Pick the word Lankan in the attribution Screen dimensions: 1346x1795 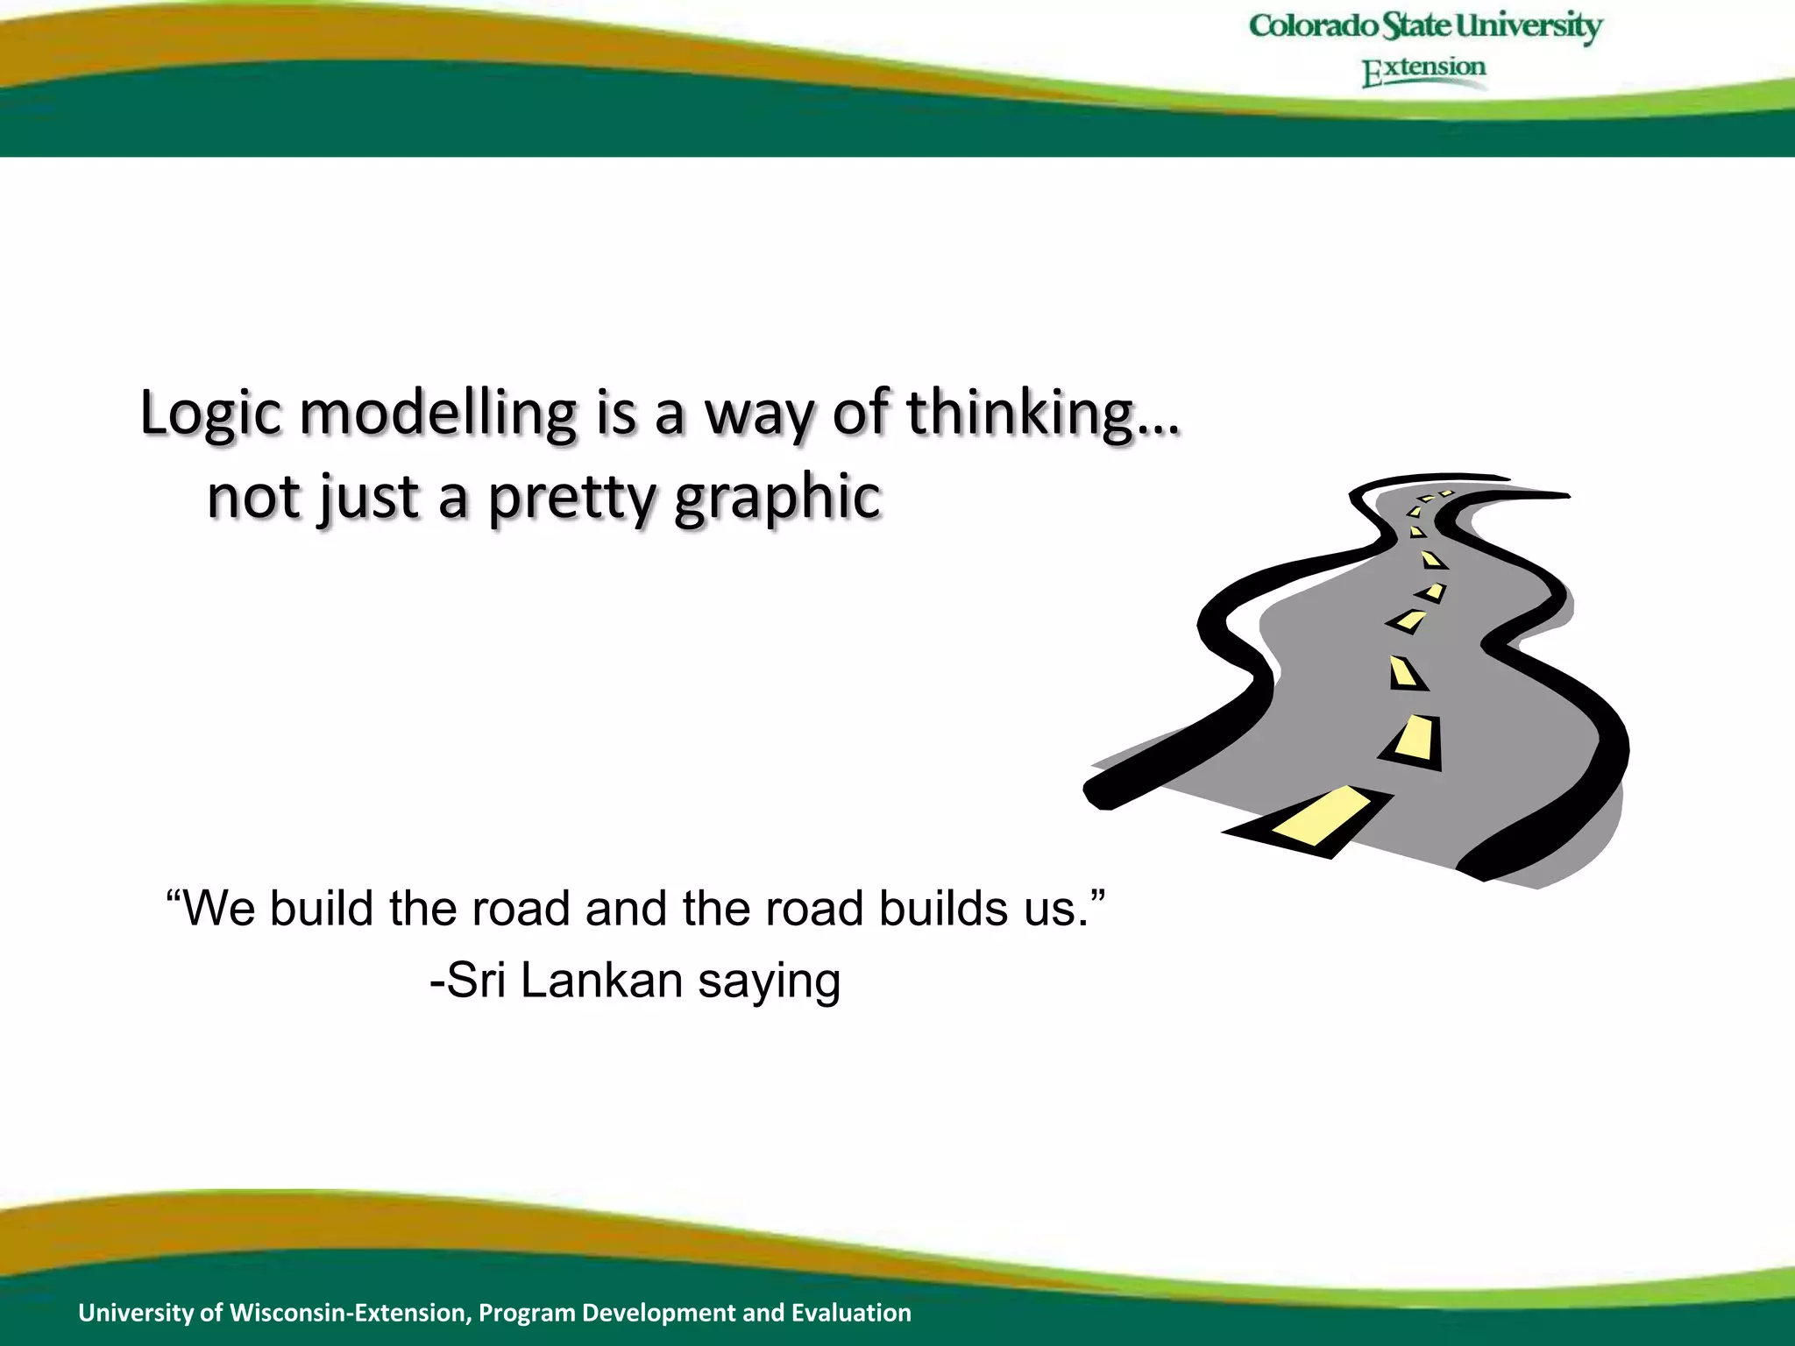tap(601, 980)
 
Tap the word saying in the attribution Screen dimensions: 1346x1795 tap(770, 981)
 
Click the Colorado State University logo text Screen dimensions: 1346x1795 tap(1425, 26)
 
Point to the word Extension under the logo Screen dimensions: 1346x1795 tap(1424, 70)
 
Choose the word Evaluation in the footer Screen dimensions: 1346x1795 tap(851, 1313)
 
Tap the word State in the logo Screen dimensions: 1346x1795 tap(1416, 26)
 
